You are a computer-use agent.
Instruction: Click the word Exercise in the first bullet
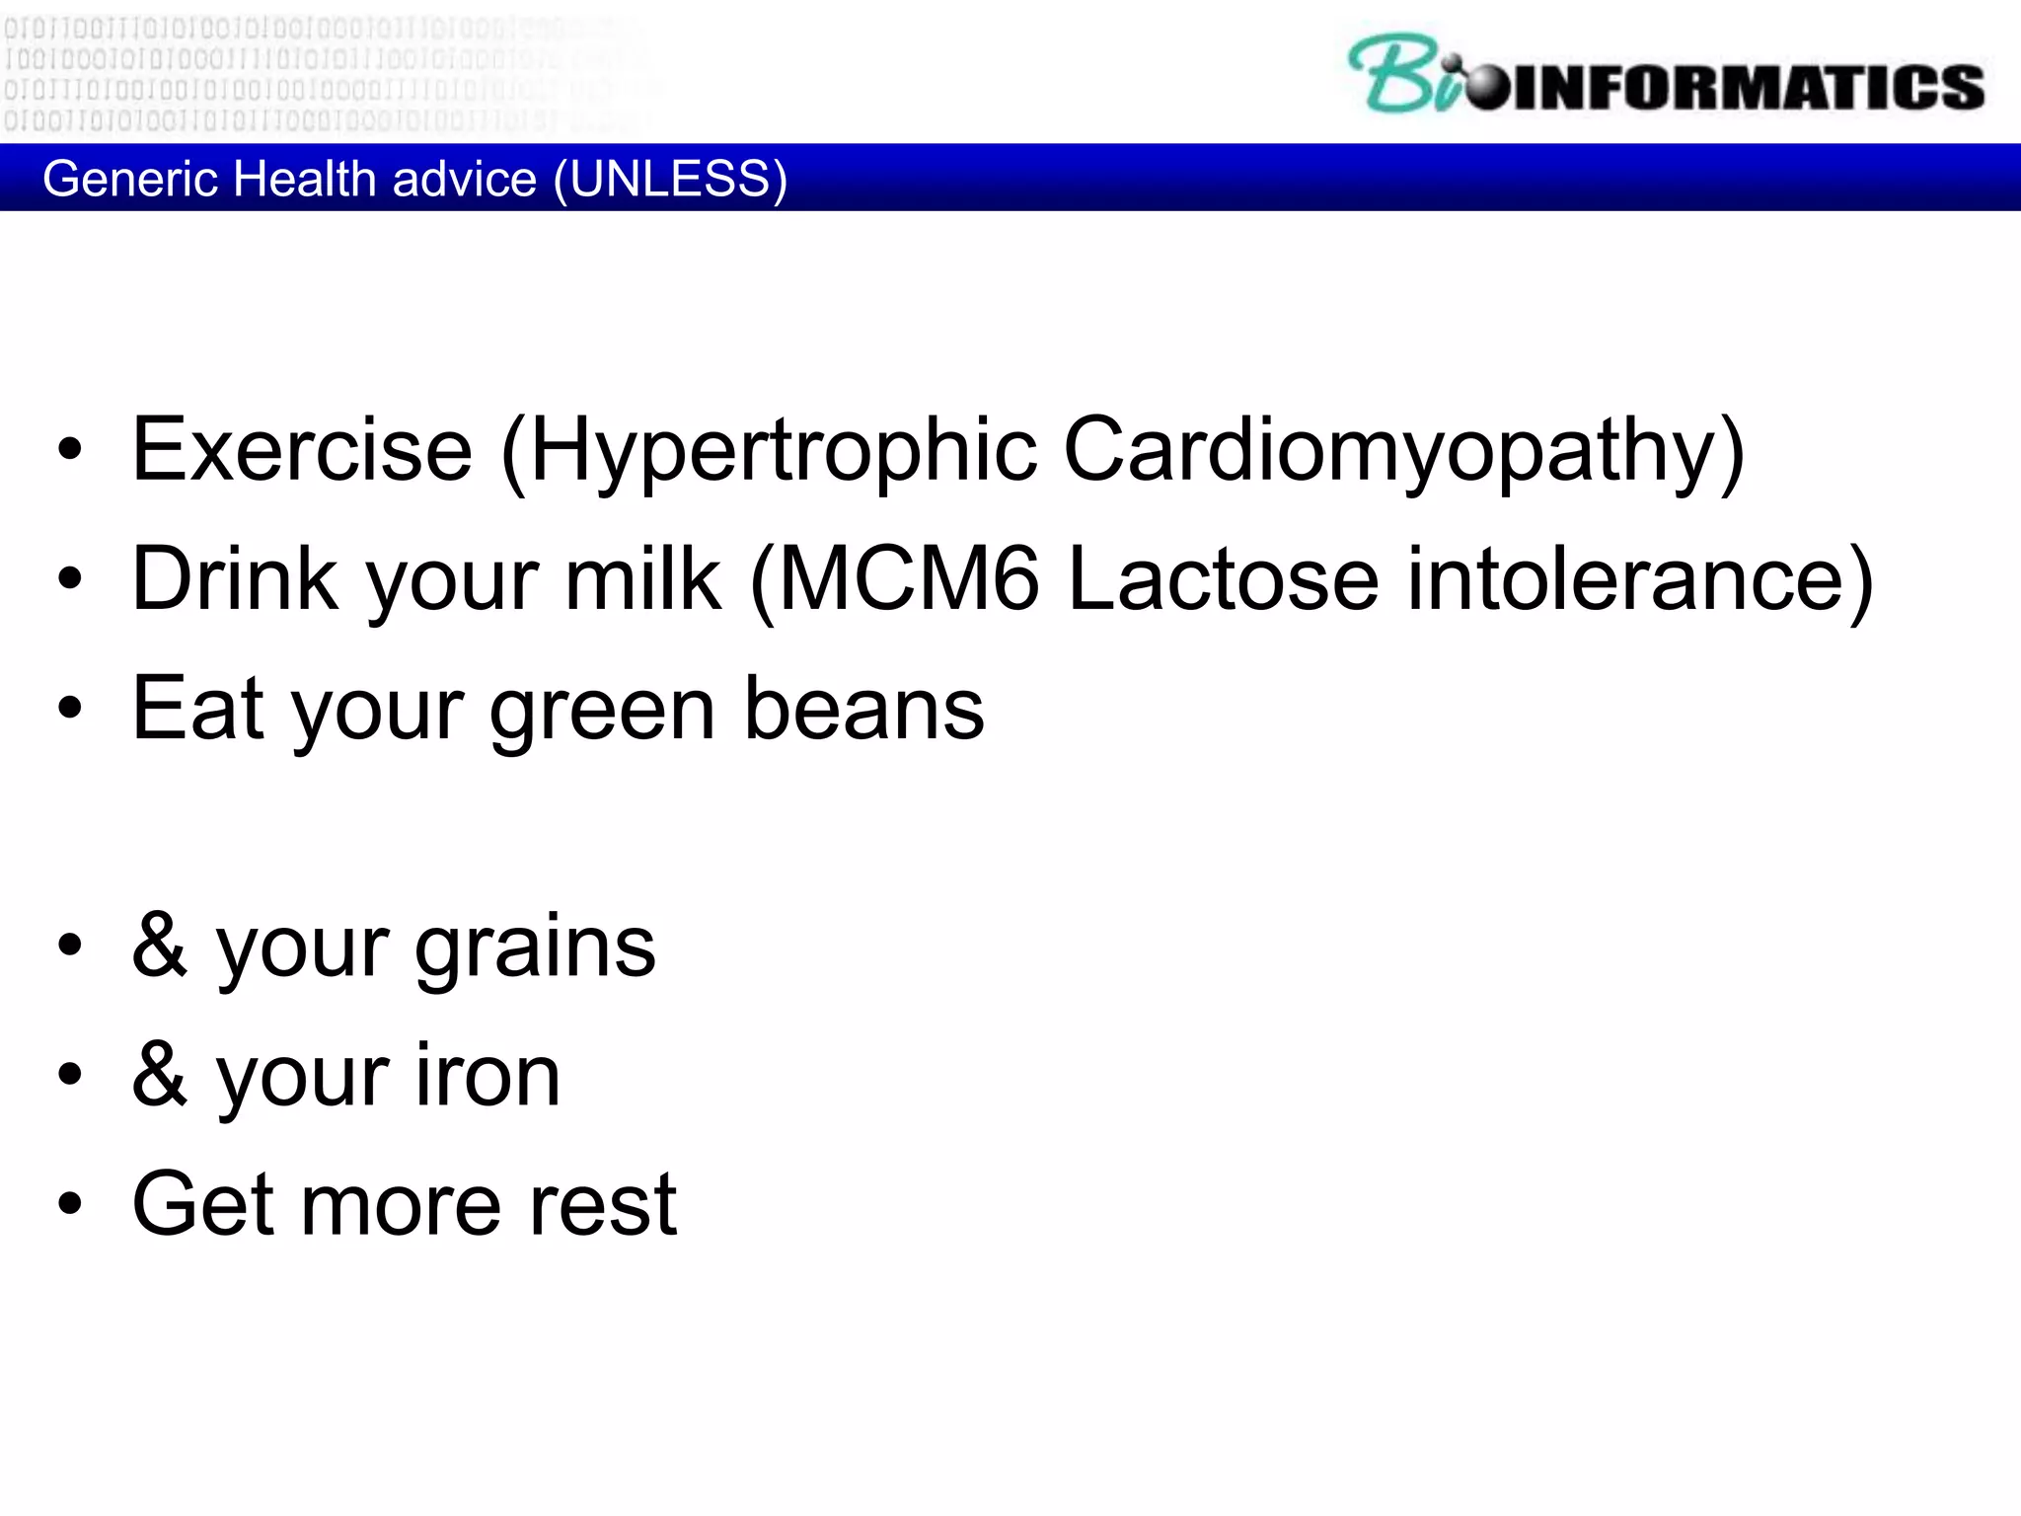pyautogui.click(x=302, y=450)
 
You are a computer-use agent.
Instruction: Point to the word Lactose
pyautogui.click(x=1224, y=579)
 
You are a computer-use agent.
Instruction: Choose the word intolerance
pyautogui.click(x=1638, y=579)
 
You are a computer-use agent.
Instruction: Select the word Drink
pyautogui.click(x=235, y=579)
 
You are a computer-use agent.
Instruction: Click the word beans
pyautogui.click(x=863, y=709)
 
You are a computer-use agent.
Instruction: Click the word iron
pyautogui.click(x=487, y=1076)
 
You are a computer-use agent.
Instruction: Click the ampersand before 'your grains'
pyautogui.click(x=160, y=946)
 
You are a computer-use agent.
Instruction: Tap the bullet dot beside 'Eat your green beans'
pyautogui.click(x=70, y=708)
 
